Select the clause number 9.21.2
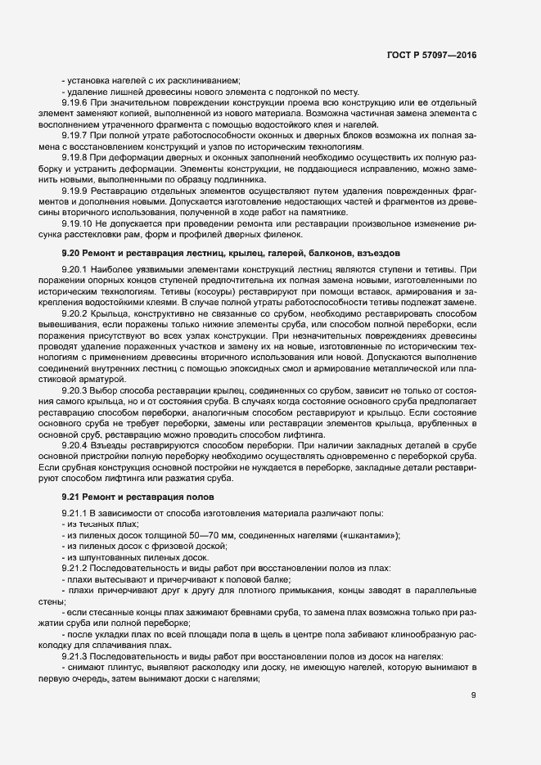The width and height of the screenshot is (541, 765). point(74,567)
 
